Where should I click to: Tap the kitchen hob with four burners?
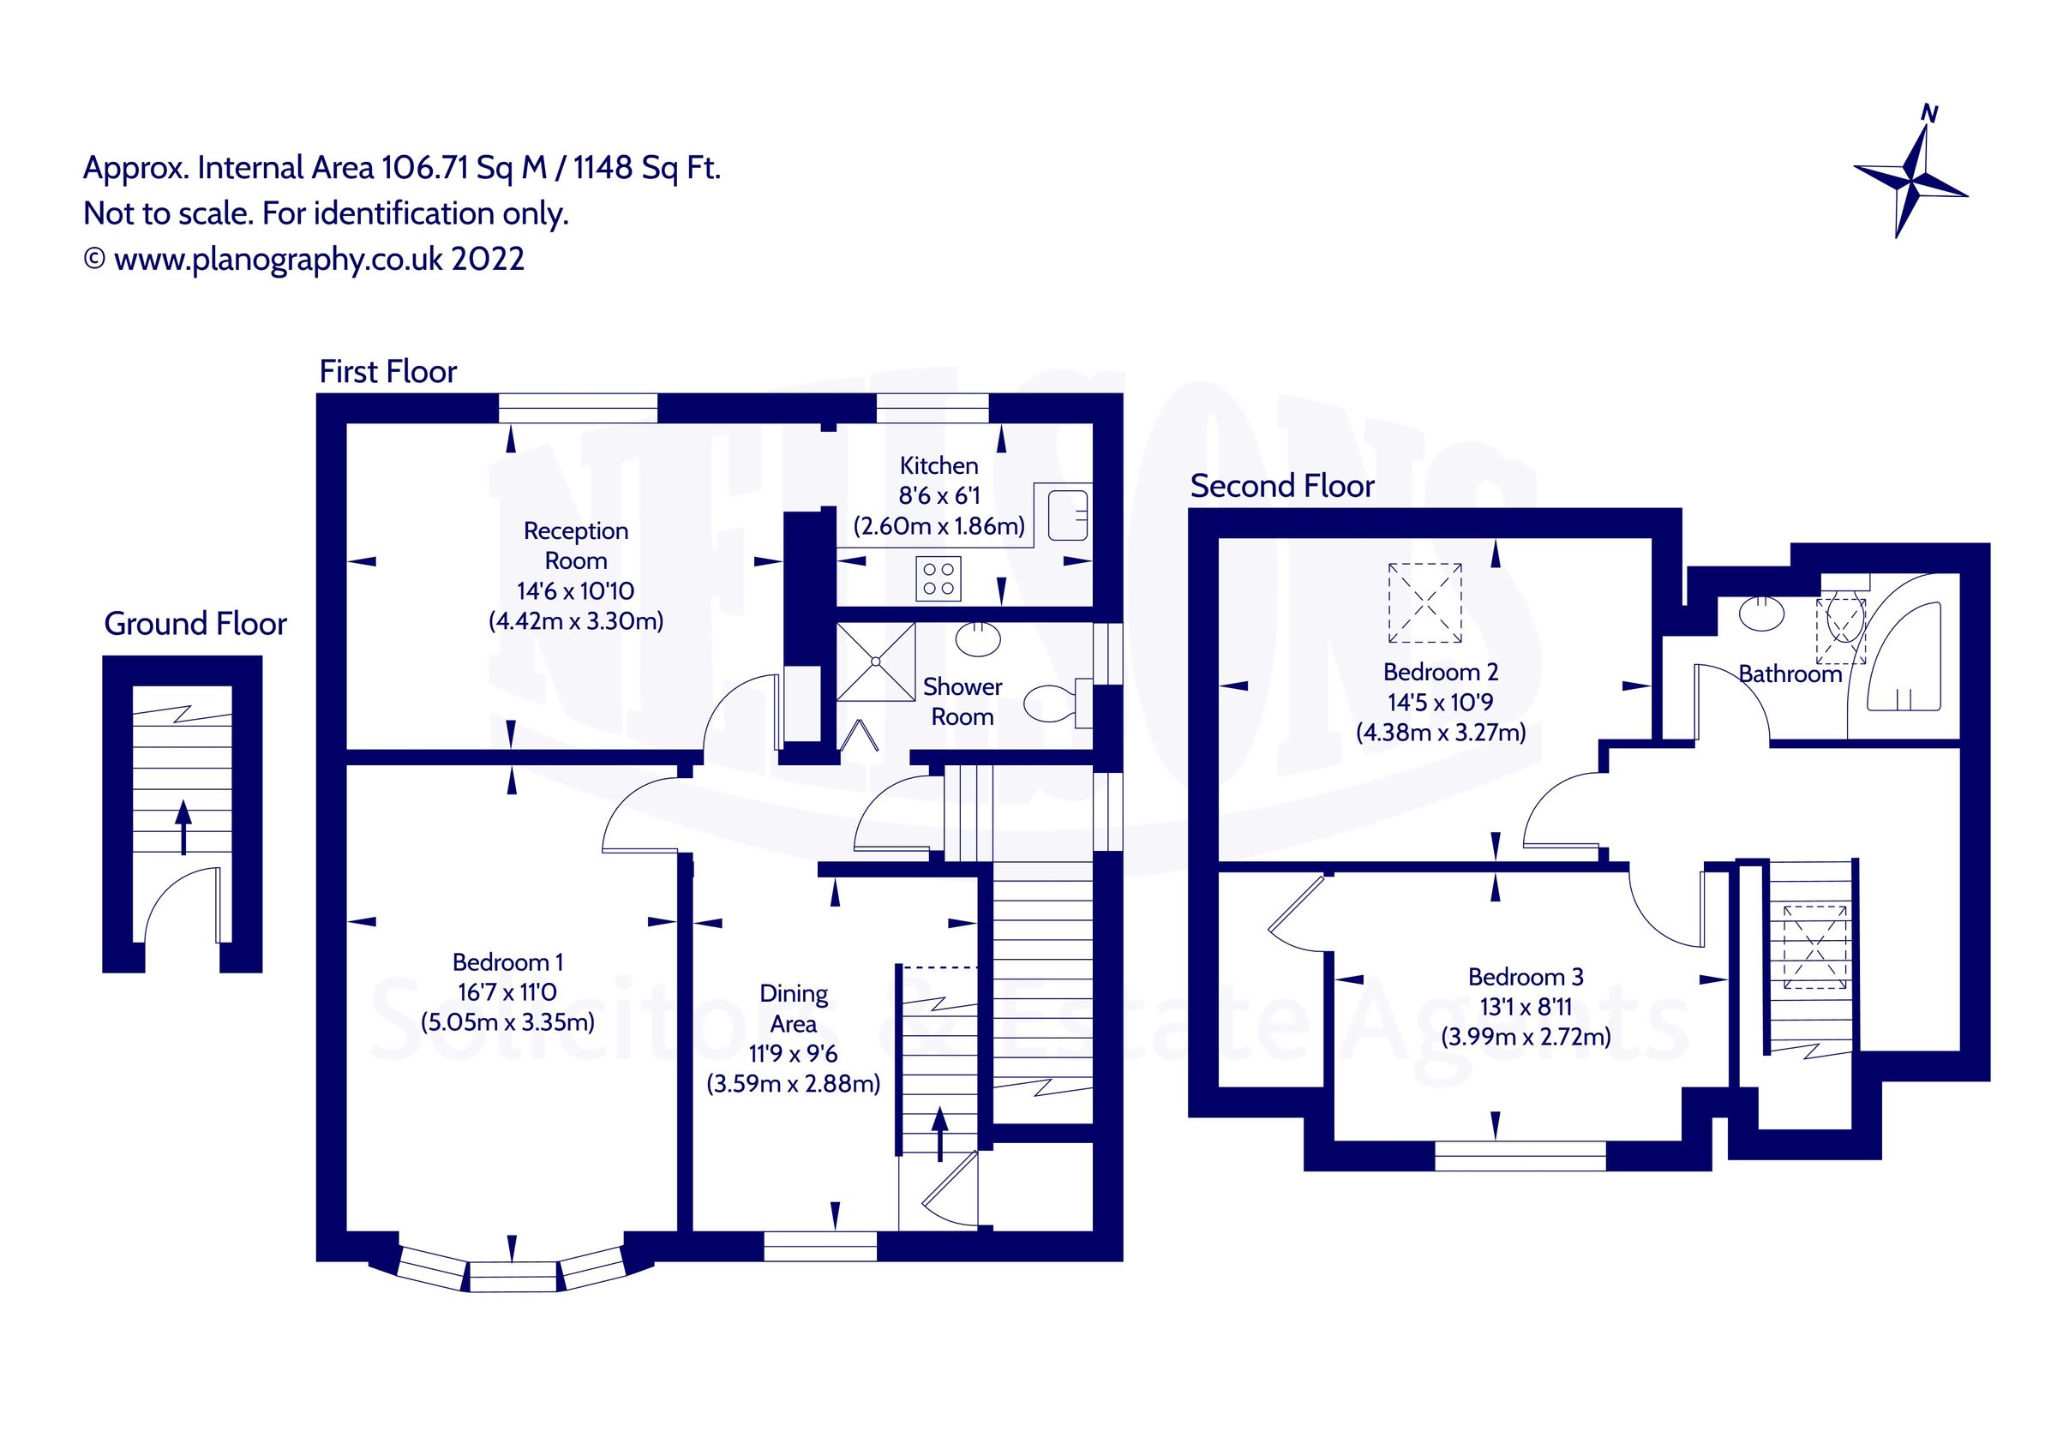click(938, 578)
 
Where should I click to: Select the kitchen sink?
click(1067, 514)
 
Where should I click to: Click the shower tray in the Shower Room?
click(874, 662)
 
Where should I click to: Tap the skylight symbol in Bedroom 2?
click(1424, 602)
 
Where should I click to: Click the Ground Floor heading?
click(195, 624)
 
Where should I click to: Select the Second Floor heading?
click(1281, 486)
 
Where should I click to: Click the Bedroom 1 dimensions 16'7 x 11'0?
click(507, 991)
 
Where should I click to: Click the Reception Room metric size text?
click(576, 621)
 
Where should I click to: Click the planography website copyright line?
click(304, 259)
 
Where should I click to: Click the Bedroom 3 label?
click(1525, 977)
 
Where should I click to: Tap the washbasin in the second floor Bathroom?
click(1761, 614)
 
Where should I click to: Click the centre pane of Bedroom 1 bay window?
click(513, 1276)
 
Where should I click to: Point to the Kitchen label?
click(938, 466)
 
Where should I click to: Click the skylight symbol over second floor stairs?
click(1815, 947)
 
